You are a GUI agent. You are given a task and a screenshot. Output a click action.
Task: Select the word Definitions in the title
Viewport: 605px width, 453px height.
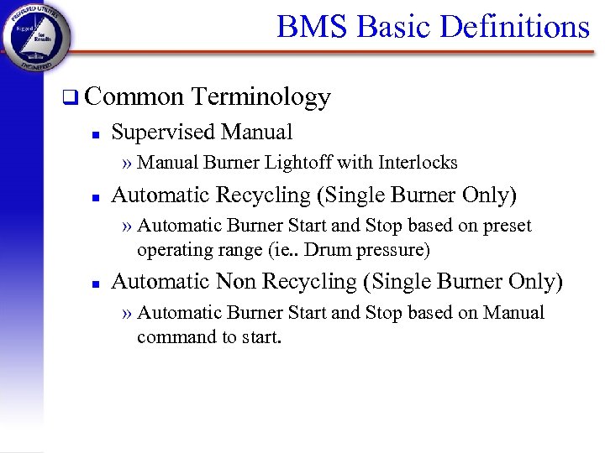(516, 27)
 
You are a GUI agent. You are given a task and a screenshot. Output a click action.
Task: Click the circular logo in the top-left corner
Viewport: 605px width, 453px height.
(36, 35)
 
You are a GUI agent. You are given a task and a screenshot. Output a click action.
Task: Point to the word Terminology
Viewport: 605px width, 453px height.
(260, 98)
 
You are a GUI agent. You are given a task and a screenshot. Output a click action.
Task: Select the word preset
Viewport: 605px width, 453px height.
(507, 226)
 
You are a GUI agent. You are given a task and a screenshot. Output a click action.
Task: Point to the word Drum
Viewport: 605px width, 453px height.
(329, 250)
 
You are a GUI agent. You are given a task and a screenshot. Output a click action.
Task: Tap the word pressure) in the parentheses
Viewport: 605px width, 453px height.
(393, 250)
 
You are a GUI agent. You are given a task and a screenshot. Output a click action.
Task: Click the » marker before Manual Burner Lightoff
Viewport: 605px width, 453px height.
(127, 162)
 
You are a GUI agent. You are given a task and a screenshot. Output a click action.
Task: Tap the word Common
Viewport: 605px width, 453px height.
(134, 98)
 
